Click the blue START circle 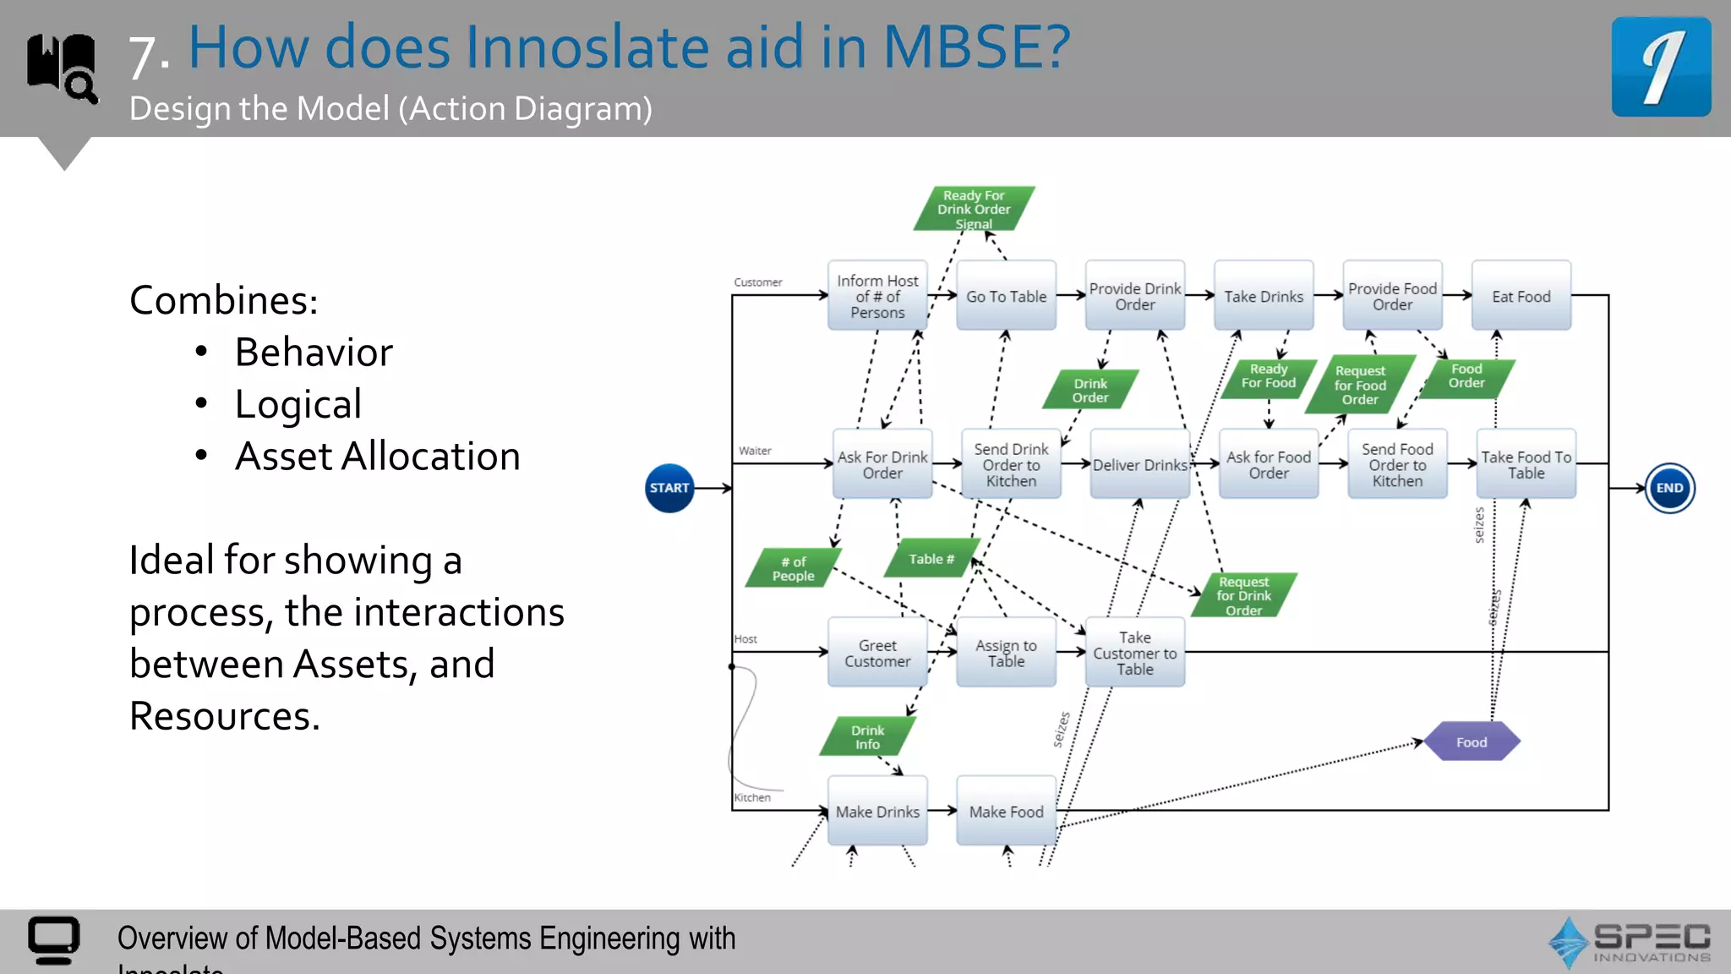(x=669, y=488)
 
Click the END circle (x=1669, y=488)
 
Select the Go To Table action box (x=1006, y=296)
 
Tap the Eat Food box (x=1521, y=296)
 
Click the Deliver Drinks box (x=1139, y=465)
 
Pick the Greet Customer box (x=877, y=653)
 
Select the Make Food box (x=1006, y=811)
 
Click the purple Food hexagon (x=1472, y=741)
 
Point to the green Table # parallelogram (x=931, y=559)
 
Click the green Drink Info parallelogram (x=867, y=736)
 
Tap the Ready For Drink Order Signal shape (x=974, y=209)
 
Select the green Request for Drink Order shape (x=1243, y=595)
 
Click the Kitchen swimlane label (x=752, y=797)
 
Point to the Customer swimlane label (x=758, y=282)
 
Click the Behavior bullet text (x=314, y=353)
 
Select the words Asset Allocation (x=377, y=457)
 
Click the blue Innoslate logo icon (x=1661, y=67)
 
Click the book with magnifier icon (x=62, y=68)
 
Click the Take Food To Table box (x=1526, y=465)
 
